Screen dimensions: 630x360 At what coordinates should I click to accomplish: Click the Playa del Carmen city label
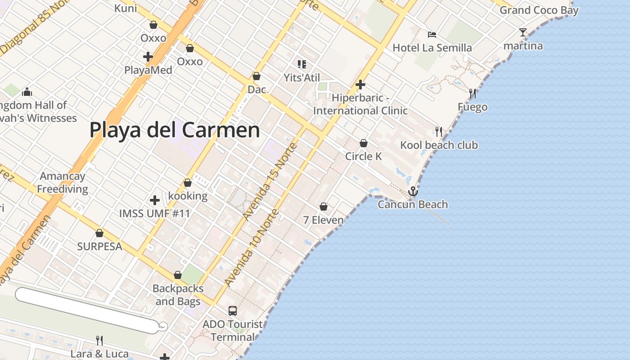click(175, 130)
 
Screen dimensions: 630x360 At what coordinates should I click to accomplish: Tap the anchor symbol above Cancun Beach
click(413, 192)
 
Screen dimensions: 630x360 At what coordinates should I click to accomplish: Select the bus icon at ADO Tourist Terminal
click(233, 310)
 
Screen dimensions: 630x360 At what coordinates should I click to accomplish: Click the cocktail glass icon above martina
click(522, 32)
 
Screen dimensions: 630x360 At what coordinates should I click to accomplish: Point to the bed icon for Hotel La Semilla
click(432, 35)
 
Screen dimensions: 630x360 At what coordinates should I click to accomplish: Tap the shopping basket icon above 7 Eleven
click(323, 207)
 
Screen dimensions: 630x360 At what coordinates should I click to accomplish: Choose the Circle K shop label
click(364, 156)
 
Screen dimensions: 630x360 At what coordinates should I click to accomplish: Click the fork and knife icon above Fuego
click(472, 94)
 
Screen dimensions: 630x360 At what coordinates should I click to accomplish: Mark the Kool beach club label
click(439, 145)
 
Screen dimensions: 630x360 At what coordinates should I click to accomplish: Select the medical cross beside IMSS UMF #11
click(155, 200)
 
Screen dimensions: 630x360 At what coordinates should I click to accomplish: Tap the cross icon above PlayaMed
click(148, 57)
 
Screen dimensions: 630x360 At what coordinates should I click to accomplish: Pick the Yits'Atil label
click(301, 77)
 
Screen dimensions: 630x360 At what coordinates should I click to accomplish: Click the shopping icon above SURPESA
click(99, 233)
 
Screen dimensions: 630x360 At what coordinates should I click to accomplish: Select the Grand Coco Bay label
click(539, 10)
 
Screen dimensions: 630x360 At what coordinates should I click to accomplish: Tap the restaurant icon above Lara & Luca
click(99, 340)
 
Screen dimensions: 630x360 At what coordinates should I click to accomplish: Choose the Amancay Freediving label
click(63, 182)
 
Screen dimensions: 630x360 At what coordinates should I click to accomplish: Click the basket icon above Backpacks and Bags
click(178, 275)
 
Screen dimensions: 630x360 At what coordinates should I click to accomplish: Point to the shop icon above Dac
click(256, 76)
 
